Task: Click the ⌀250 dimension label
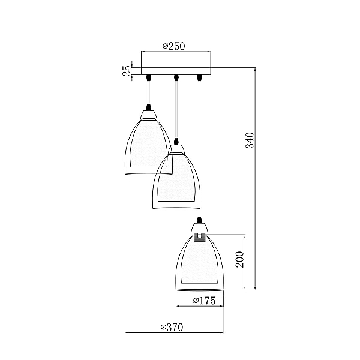pyautogui.click(x=174, y=46)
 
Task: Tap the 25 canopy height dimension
pyautogui.click(x=127, y=71)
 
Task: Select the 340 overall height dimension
pyautogui.click(x=250, y=140)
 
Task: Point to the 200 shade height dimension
pyautogui.click(x=240, y=259)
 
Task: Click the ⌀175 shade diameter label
pyautogui.click(x=205, y=301)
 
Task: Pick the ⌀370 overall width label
pyautogui.click(x=172, y=327)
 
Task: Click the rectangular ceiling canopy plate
pyautogui.click(x=176, y=71)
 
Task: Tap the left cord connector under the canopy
pyautogui.click(x=149, y=77)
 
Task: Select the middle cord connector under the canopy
pyautogui.click(x=176, y=77)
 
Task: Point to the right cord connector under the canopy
pyautogui.click(x=199, y=77)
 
